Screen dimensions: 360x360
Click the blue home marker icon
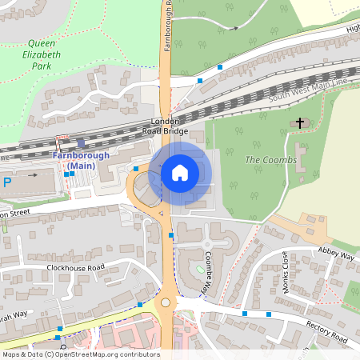(179, 172)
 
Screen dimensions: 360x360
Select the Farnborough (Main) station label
(74, 160)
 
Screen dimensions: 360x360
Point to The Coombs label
(270, 160)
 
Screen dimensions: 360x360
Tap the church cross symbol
(301, 122)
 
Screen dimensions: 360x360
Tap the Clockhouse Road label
(75, 267)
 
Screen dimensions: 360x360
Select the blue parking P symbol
(7, 182)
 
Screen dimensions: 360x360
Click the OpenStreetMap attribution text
(80, 354)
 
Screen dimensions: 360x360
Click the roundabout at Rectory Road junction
(167, 303)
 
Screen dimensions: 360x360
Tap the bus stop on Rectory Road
(268, 316)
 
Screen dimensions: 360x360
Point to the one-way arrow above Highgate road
(232, 28)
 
